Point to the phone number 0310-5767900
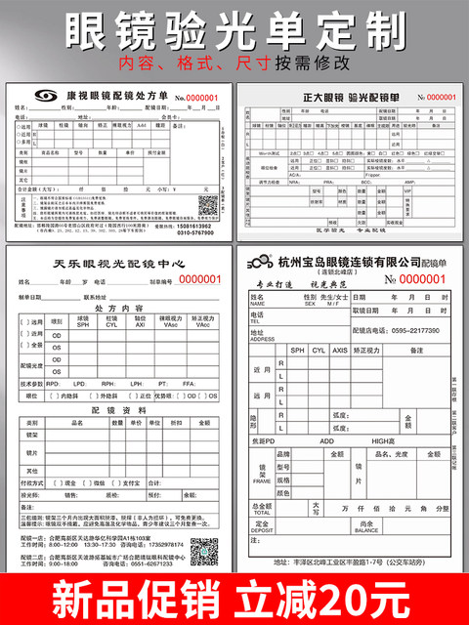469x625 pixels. point(196,232)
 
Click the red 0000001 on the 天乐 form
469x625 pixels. point(198,279)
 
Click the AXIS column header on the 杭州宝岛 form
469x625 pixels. point(340,350)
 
